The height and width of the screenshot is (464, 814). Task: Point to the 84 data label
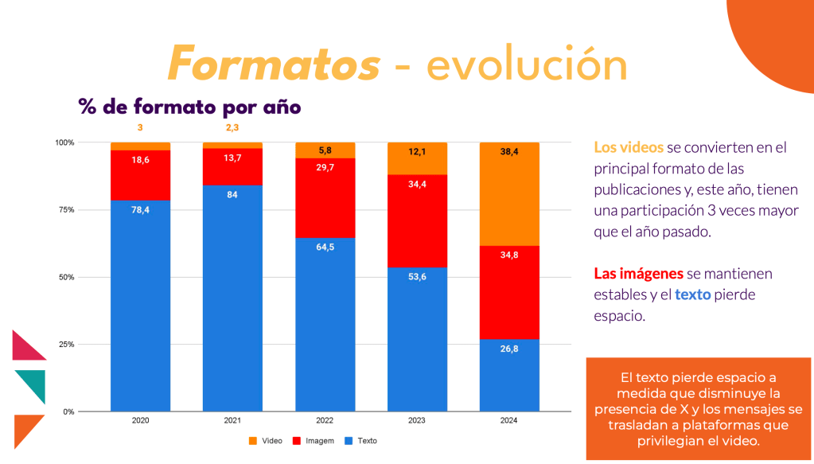coord(232,194)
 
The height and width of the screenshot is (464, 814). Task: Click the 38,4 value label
coord(509,151)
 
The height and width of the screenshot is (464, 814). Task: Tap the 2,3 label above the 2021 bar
coord(232,127)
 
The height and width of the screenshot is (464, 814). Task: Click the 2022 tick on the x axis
coord(325,420)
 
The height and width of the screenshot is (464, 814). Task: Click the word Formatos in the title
coord(274,64)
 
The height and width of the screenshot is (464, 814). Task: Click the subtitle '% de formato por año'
coord(189,106)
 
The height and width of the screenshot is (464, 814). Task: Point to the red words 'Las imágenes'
coord(638,274)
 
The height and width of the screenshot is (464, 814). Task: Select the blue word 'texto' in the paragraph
coord(692,294)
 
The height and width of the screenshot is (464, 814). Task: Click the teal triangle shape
coord(32,384)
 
